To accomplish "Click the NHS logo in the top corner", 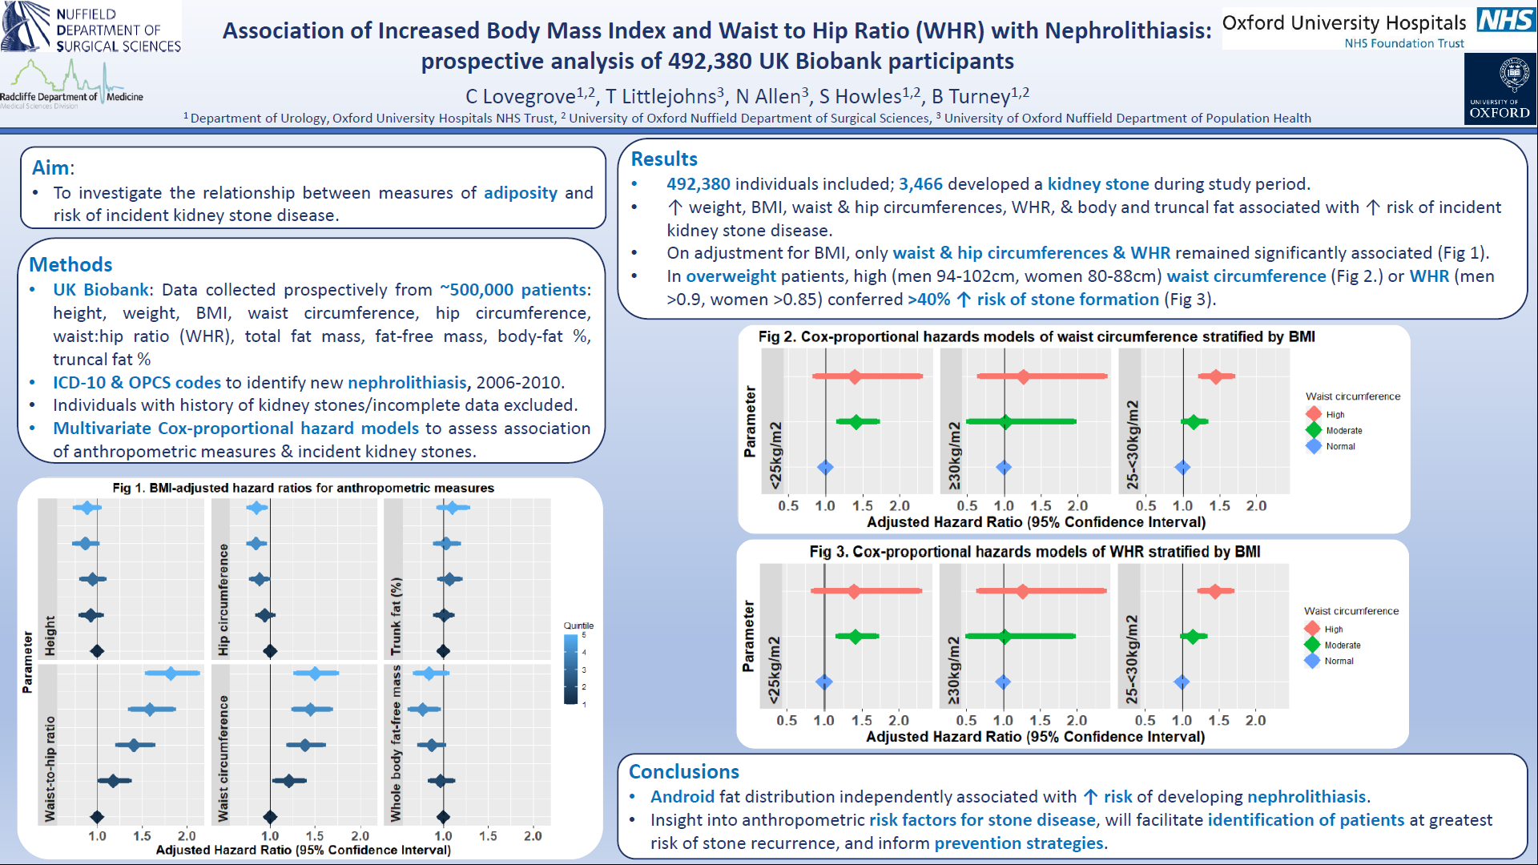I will [1506, 19].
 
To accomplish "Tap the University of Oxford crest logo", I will [1500, 89].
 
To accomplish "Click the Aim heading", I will [51, 167].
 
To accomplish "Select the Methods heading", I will [70, 264].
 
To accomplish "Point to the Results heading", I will [664, 159].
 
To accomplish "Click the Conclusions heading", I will [683, 771].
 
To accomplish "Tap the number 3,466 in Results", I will [920, 184].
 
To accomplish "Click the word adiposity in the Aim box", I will [520, 193].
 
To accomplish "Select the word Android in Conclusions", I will [682, 797].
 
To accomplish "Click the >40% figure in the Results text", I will [928, 300].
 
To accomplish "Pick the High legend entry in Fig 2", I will [1335, 414].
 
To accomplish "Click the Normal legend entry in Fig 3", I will [1338, 661].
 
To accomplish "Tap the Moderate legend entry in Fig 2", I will [1343, 430].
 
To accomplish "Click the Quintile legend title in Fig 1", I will [578, 626].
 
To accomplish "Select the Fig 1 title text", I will [303, 488].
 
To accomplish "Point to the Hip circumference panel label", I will [223, 599].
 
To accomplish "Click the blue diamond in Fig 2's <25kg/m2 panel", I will [825, 468].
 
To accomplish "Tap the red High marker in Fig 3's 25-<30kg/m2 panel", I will [1215, 591].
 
